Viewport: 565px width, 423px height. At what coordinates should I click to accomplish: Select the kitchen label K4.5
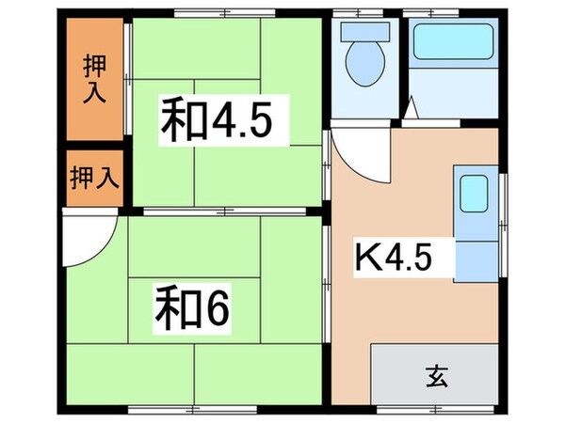[393, 255]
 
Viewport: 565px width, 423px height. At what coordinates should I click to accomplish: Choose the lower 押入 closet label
[94, 179]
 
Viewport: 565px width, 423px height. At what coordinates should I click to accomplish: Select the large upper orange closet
[94, 77]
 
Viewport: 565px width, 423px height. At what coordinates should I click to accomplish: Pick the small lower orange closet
[94, 179]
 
